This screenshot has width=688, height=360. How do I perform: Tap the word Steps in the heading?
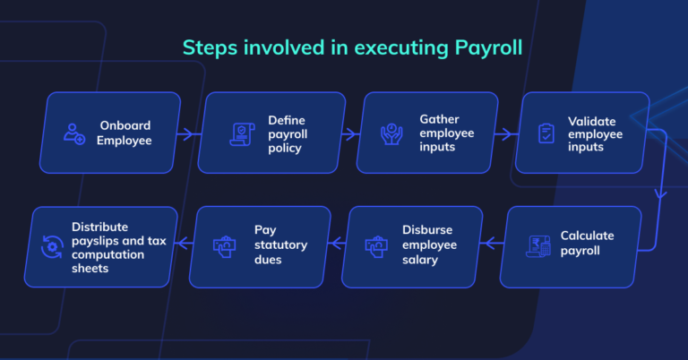(211, 47)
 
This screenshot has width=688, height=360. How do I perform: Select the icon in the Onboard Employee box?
(73, 133)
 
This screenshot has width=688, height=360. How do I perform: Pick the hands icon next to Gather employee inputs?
(391, 134)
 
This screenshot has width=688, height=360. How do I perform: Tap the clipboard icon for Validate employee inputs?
(546, 134)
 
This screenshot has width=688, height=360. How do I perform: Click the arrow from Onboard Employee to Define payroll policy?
(187, 134)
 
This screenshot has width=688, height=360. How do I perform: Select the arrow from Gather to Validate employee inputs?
(504, 134)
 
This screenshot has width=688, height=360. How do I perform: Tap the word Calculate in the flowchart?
(588, 236)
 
